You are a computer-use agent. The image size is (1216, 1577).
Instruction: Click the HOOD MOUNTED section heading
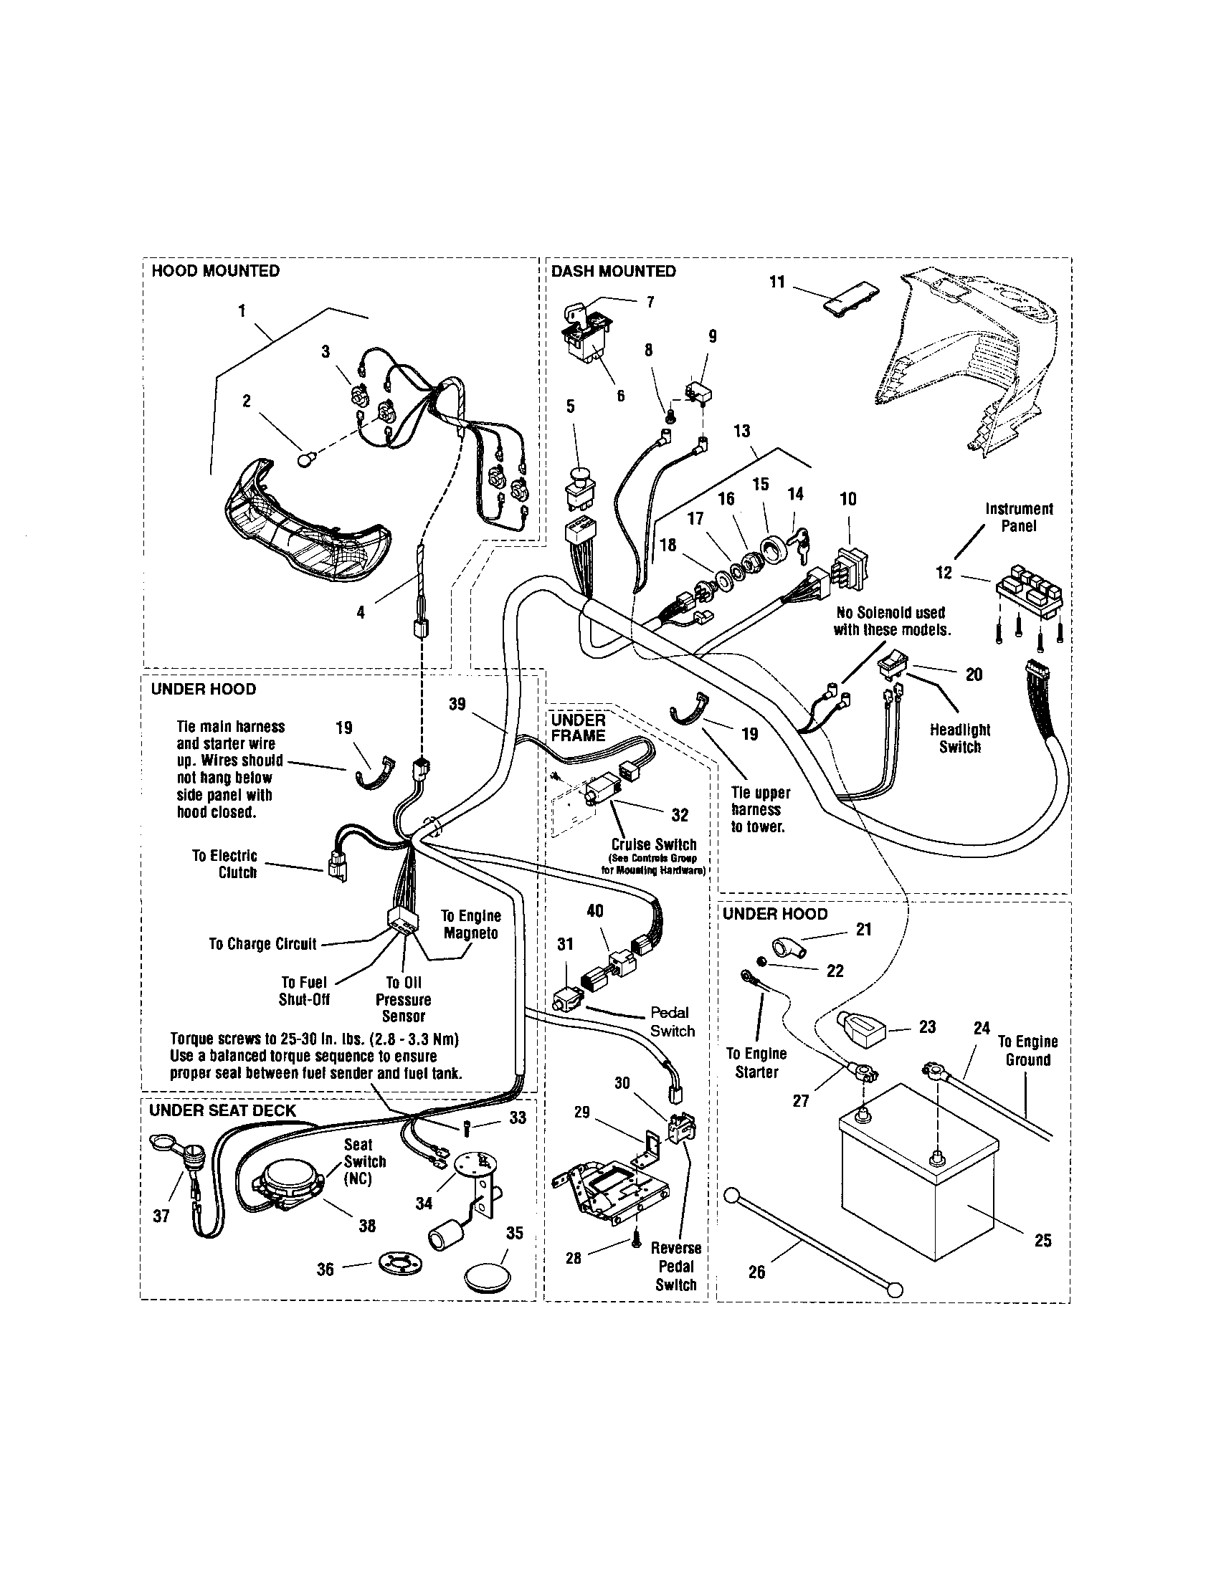[x=214, y=272]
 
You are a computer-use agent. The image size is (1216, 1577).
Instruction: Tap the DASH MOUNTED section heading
[x=613, y=272]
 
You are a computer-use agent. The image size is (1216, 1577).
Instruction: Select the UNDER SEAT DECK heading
[x=222, y=1110]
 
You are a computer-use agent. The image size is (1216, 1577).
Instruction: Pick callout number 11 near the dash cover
[x=777, y=282]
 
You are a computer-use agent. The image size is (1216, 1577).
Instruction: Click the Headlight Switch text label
[x=959, y=738]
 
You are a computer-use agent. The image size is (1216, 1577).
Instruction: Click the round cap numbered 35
[x=484, y=1275]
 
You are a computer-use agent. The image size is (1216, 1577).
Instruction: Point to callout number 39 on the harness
[x=457, y=704]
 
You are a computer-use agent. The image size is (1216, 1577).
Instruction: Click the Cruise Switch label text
[x=653, y=845]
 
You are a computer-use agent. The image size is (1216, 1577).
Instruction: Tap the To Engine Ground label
[x=1027, y=1051]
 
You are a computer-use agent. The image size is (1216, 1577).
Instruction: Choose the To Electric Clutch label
[x=224, y=864]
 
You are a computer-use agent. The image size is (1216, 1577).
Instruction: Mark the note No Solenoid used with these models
[x=891, y=621]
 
